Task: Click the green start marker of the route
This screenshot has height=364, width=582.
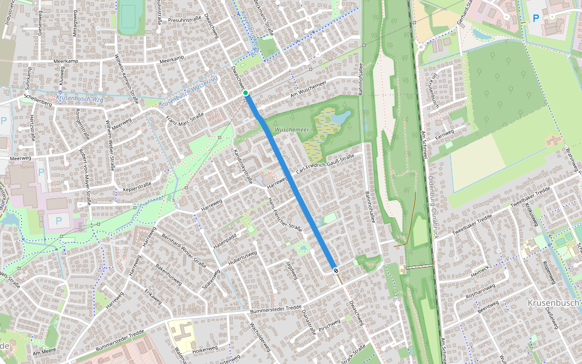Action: (246, 93)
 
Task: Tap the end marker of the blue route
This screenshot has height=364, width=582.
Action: (335, 270)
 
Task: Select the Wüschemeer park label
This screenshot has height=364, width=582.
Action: (292, 130)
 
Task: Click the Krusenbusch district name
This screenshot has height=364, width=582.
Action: (554, 302)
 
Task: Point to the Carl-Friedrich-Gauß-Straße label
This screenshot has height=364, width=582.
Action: (324, 166)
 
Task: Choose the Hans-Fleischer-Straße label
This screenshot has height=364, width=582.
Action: (285, 215)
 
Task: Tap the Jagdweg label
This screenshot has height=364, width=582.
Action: (292, 270)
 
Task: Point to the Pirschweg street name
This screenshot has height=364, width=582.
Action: (329, 326)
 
